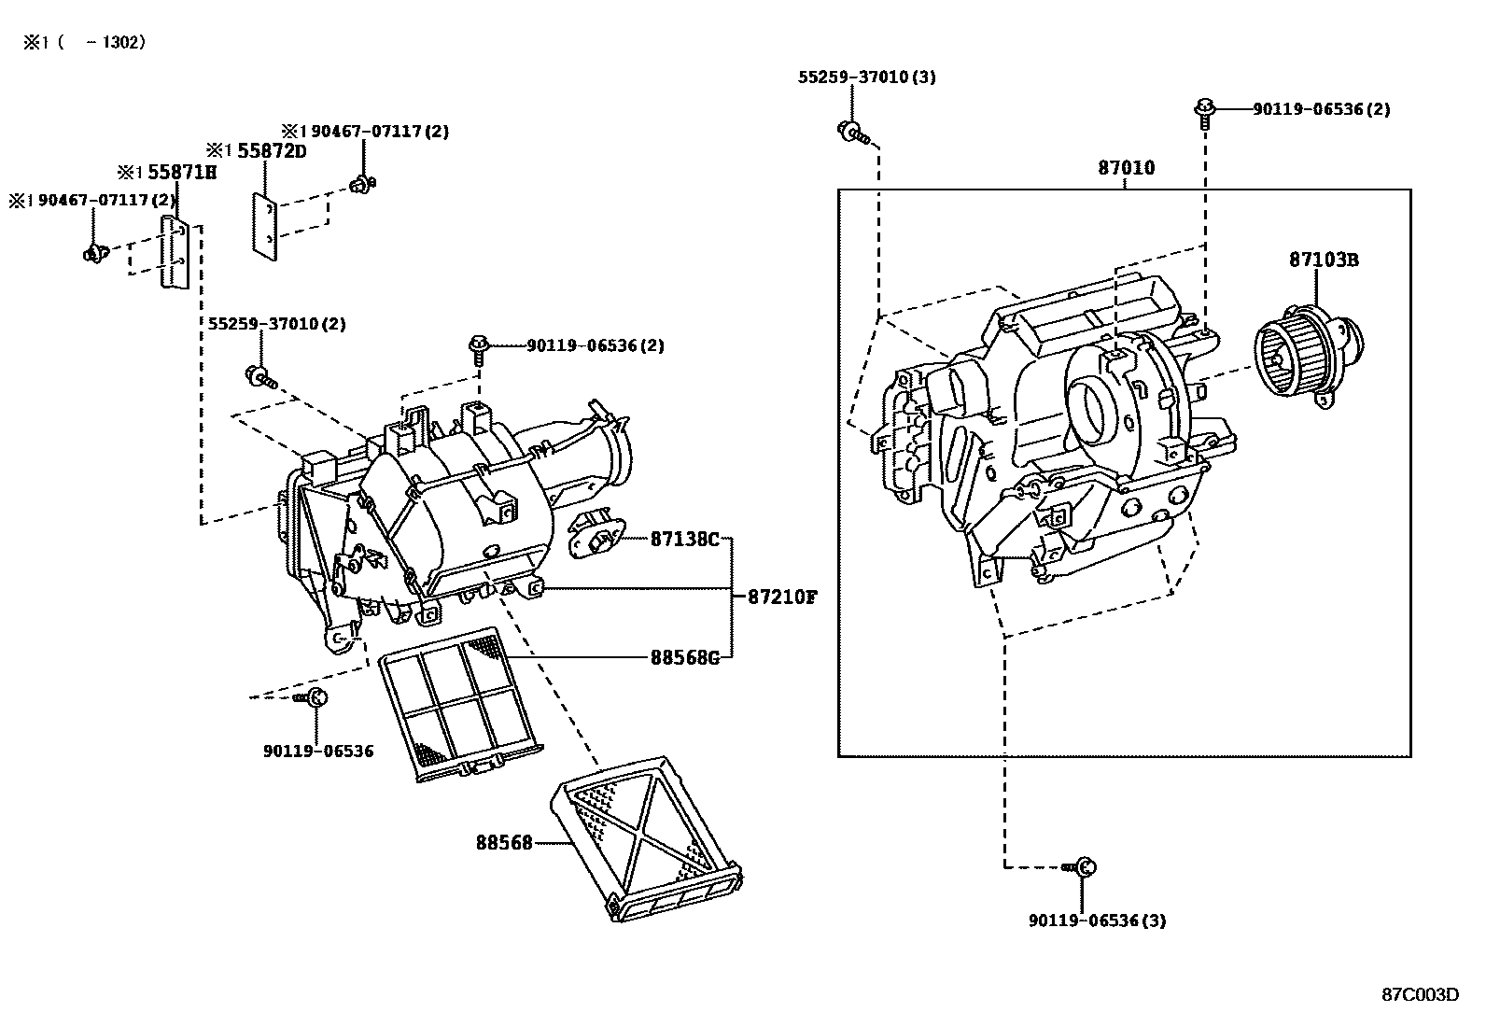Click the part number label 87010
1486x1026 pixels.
coord(1126,169)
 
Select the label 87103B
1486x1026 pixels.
coord(1323,260)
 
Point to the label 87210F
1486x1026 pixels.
coord(781,597)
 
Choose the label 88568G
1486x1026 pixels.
coord(685,657)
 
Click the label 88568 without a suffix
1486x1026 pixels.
coord(503,843)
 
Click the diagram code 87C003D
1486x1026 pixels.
coord(1420,994)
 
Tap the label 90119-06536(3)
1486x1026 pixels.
coord(1097,921)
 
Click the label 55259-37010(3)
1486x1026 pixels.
coord(866,77)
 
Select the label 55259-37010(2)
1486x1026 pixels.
coord(276,324)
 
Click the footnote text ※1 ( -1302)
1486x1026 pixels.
coord(85,43)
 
